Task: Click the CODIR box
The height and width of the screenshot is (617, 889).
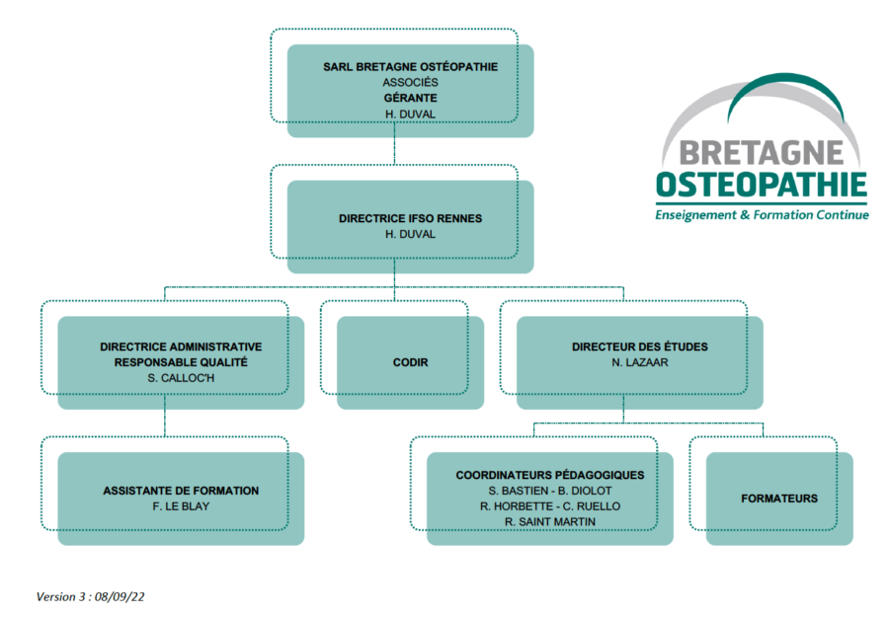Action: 411,362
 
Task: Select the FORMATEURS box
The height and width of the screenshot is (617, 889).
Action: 779,499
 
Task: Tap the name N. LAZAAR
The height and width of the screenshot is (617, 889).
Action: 639,362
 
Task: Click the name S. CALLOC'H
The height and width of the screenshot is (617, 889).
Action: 181,378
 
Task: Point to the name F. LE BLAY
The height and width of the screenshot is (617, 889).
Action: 181,506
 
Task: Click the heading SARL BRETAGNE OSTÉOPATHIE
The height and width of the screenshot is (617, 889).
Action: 411,67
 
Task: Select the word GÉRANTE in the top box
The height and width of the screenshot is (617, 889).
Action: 411,98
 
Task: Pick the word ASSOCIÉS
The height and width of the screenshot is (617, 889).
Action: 411,83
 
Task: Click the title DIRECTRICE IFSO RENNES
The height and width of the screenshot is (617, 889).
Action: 411,219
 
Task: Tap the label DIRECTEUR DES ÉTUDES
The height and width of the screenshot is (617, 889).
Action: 639,347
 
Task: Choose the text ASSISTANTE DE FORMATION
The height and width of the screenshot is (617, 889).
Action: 181,491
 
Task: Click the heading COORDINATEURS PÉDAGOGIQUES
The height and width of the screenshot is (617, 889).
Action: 550,476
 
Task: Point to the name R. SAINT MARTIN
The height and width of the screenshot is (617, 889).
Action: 550,522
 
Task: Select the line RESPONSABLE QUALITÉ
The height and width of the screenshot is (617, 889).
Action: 181,362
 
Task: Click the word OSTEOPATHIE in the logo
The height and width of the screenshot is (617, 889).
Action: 762,185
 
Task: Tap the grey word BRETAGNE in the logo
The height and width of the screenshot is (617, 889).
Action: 762,153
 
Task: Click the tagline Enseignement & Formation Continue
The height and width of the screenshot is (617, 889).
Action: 762,215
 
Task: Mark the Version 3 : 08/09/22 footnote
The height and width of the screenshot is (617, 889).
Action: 90,597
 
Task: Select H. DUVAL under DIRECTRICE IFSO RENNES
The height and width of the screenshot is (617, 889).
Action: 411,234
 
